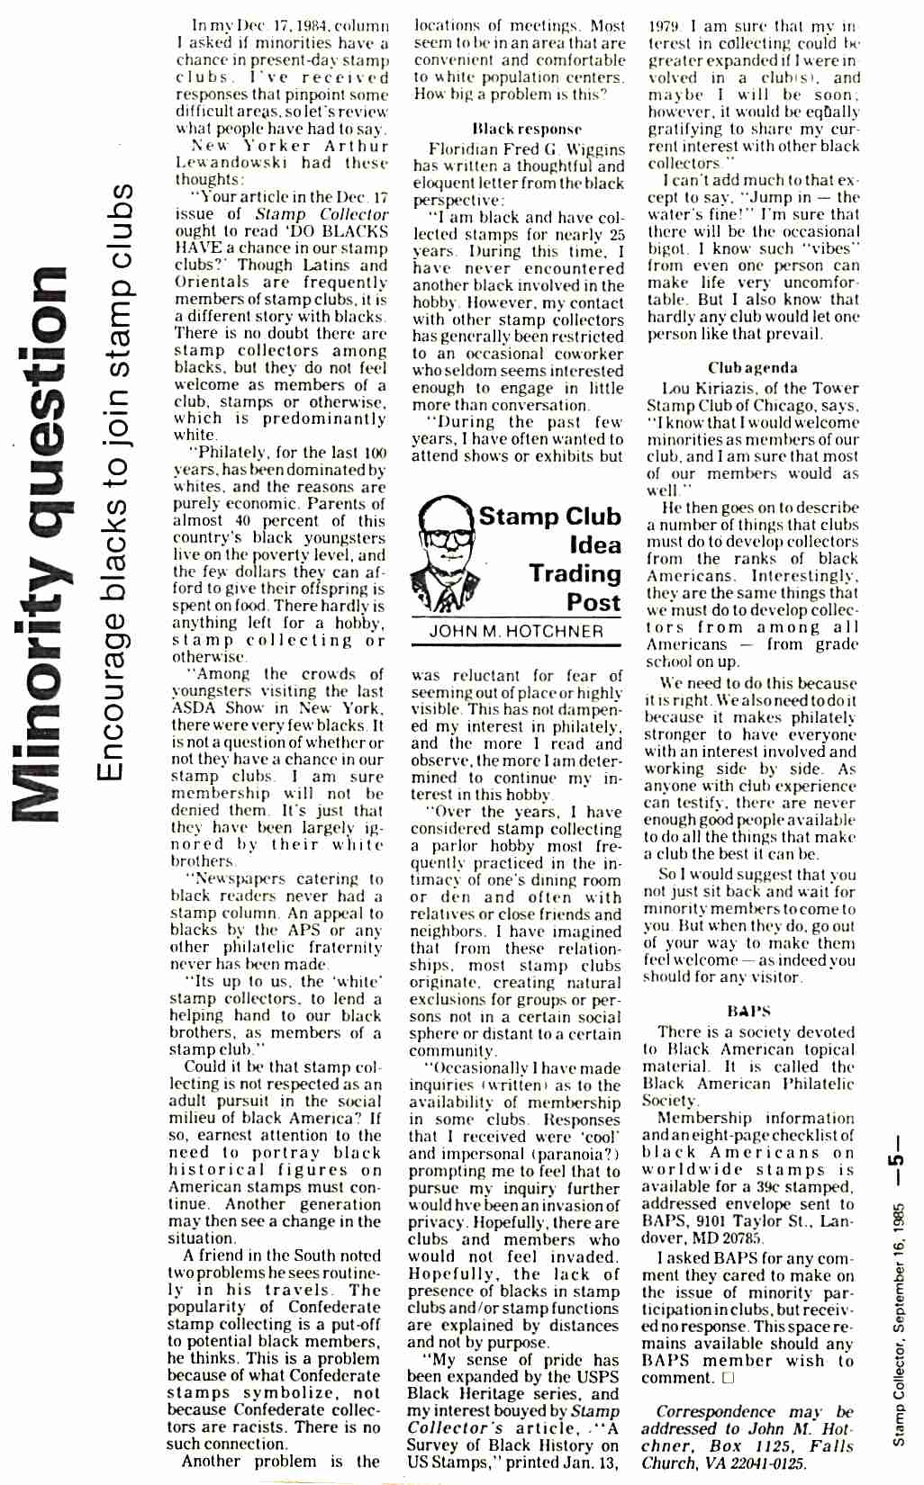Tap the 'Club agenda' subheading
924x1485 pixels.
752,367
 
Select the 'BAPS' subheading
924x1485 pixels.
748,1011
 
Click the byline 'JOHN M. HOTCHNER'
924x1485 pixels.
516,631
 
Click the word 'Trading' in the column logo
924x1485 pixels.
575,573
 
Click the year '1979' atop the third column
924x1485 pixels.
665,26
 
